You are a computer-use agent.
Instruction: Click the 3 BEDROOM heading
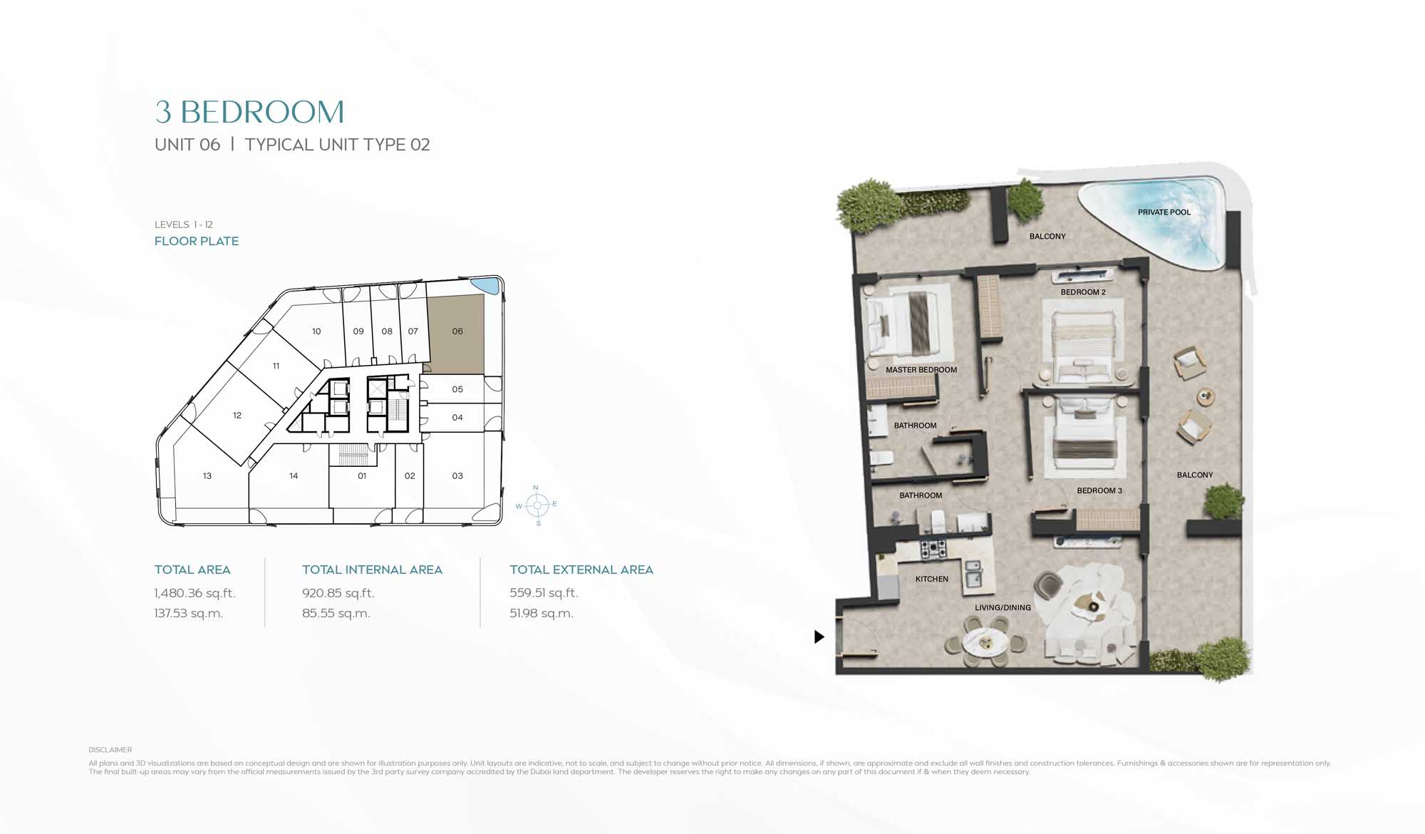[249, 112]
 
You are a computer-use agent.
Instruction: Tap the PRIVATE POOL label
[1164, 212]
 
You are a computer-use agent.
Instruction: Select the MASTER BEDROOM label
[921, 369]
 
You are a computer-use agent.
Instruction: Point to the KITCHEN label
[932, 579]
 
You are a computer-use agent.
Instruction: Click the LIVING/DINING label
[1002, 607]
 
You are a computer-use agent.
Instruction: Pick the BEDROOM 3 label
[1099, 490]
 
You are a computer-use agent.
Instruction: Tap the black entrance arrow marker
[819, 637]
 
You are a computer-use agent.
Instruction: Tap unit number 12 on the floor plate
[237, 415]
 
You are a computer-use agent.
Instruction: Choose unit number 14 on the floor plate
[294, 475]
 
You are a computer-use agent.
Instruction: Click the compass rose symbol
[537, 505]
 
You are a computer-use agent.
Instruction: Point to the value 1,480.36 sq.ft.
[195, 593]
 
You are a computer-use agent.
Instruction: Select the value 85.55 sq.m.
[336, 613]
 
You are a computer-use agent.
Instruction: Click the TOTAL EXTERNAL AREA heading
[581, 570]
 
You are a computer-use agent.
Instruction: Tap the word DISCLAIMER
[110, 750]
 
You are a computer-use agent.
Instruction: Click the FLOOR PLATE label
[197, 241]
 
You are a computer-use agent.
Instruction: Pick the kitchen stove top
[933, 548]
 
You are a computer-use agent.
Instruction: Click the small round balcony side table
[1205, 396]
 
